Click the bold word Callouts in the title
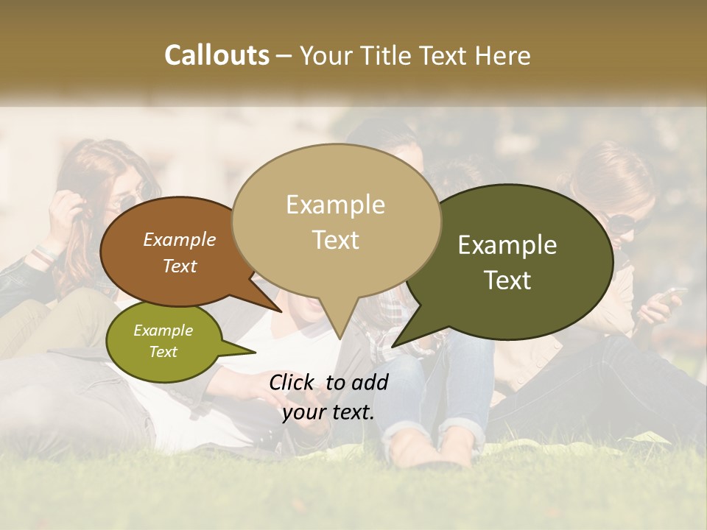(x=217, y=55)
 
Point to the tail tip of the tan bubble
(x=340, y=338)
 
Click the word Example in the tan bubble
(x=336, y=205)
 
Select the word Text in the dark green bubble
(x=508, y=280)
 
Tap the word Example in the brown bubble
(x=180, y=240)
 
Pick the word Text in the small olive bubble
(x=163, y=352)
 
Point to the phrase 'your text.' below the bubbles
(x=328, y=412)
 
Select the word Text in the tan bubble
(x=336, y=240)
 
